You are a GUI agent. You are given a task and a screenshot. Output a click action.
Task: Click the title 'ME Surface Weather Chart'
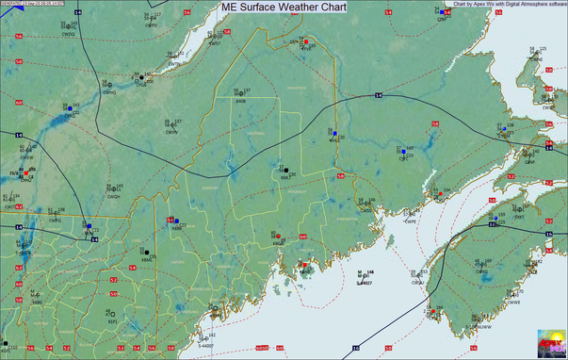[284, 7]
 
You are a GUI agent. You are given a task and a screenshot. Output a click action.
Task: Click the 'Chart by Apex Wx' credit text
[509, 4]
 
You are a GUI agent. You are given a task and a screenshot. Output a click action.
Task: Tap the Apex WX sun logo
[550, 341]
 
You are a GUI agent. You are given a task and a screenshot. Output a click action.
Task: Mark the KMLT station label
[284, 176]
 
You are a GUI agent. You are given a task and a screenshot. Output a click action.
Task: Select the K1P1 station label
[112, 321]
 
